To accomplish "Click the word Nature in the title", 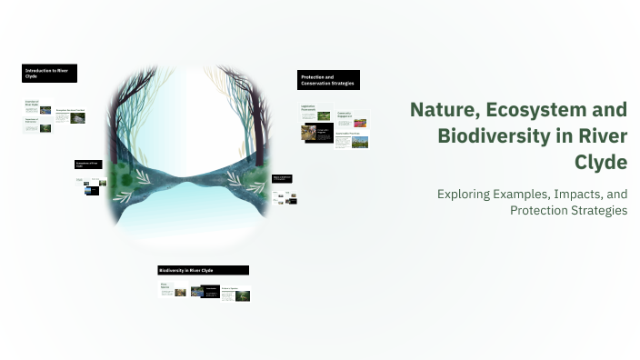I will [437, 110].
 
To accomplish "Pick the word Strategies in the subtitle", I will [601, 210].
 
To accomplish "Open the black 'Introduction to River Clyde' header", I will [49, 73].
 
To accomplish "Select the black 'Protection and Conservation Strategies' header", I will [328, 80].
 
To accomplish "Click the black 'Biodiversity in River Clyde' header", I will [203, 270].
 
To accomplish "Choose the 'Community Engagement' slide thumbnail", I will [352, 119].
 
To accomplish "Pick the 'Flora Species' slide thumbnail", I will [173, 290].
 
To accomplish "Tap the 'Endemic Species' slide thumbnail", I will [235, 294].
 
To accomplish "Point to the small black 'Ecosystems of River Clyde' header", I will [88, 165].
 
